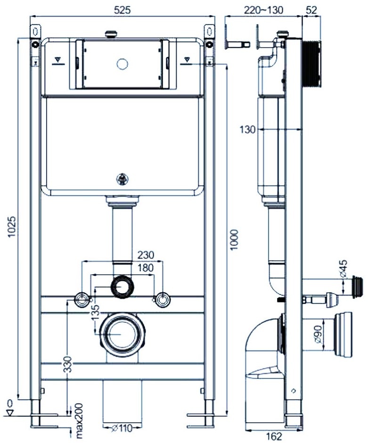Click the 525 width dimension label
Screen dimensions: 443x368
(122, 10)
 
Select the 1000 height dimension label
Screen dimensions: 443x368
(234, 240)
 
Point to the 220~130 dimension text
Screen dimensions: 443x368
(264, 10)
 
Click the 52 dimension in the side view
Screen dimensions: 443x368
(311, 10)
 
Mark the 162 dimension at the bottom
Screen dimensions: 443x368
(274, 436)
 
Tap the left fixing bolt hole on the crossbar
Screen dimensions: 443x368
(82, 299)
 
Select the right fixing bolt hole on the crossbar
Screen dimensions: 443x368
(163, 299)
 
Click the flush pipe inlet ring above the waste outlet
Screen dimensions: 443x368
(123, 286)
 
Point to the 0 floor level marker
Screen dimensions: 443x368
(9, 404)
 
